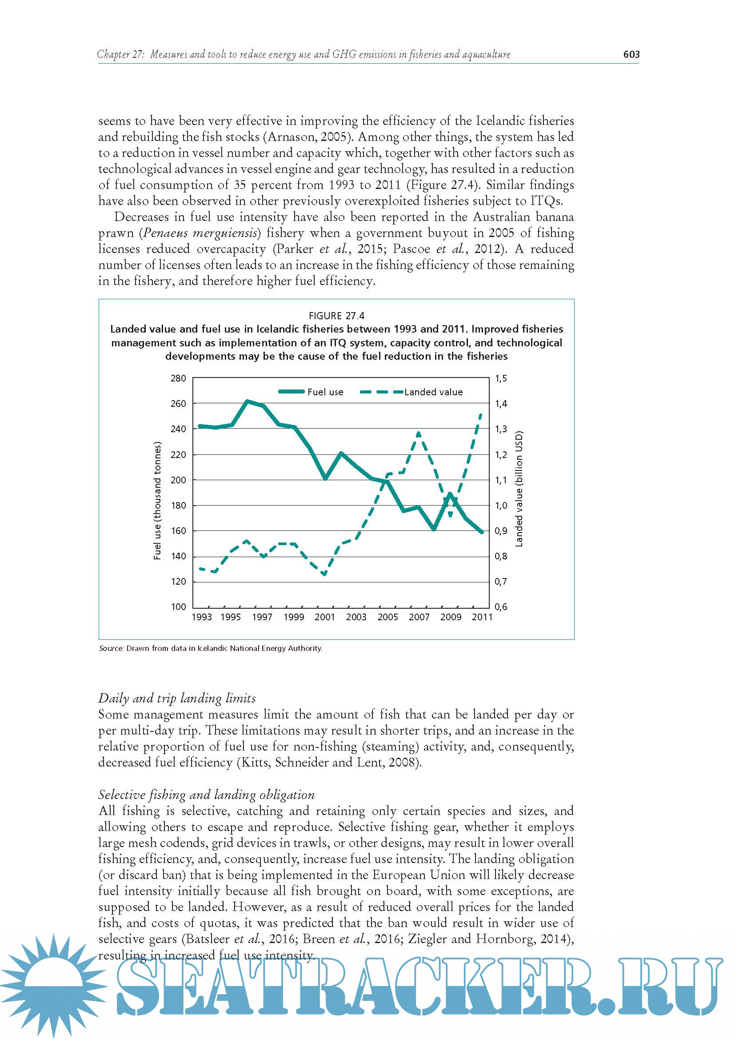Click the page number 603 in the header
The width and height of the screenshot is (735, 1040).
631,55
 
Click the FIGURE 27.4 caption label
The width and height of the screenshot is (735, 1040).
336,316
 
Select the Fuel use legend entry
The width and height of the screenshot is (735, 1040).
312,392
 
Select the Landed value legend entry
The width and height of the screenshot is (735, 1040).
412,392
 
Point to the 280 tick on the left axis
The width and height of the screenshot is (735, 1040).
178,378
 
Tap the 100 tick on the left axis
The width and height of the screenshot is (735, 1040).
178,607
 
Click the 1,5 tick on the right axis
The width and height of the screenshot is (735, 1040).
500,378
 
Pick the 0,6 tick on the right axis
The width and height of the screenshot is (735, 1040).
500,607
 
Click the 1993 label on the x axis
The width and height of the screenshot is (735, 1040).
202,617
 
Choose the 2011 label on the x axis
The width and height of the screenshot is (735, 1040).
482,617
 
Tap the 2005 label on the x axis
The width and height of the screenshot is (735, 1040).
388,617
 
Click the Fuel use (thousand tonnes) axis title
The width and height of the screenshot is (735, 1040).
157,501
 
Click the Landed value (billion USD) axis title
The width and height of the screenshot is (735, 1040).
519,489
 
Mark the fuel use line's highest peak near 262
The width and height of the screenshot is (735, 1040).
247,401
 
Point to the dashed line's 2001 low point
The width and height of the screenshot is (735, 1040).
324,574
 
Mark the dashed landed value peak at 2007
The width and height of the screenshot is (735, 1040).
419,434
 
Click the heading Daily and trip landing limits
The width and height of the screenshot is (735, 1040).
177,699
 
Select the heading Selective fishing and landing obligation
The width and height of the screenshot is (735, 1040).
206,795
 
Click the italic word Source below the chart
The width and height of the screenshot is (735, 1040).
111,648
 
